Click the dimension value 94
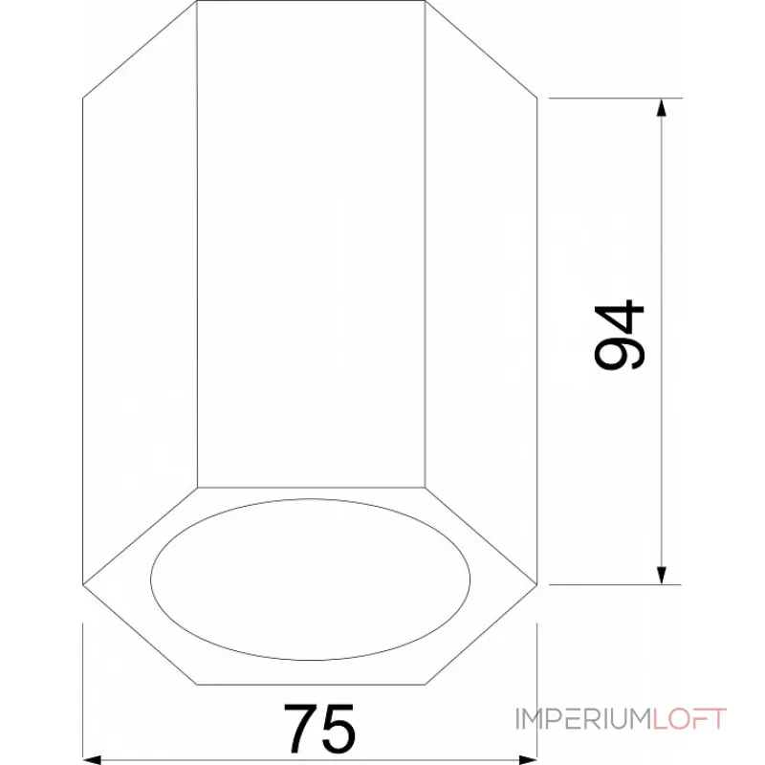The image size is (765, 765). point(620,336)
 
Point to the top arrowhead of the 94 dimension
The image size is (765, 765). point(661,107)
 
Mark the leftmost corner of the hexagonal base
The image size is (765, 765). point(83,584)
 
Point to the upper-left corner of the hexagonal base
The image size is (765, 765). point(197,488)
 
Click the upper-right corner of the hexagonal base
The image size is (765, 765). point(425,488)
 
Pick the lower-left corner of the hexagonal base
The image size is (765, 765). point(197,684)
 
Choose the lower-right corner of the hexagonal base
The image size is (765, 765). point(425,684)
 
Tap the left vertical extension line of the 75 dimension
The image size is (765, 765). point(83,688)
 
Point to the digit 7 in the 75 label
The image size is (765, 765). point(299,729)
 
